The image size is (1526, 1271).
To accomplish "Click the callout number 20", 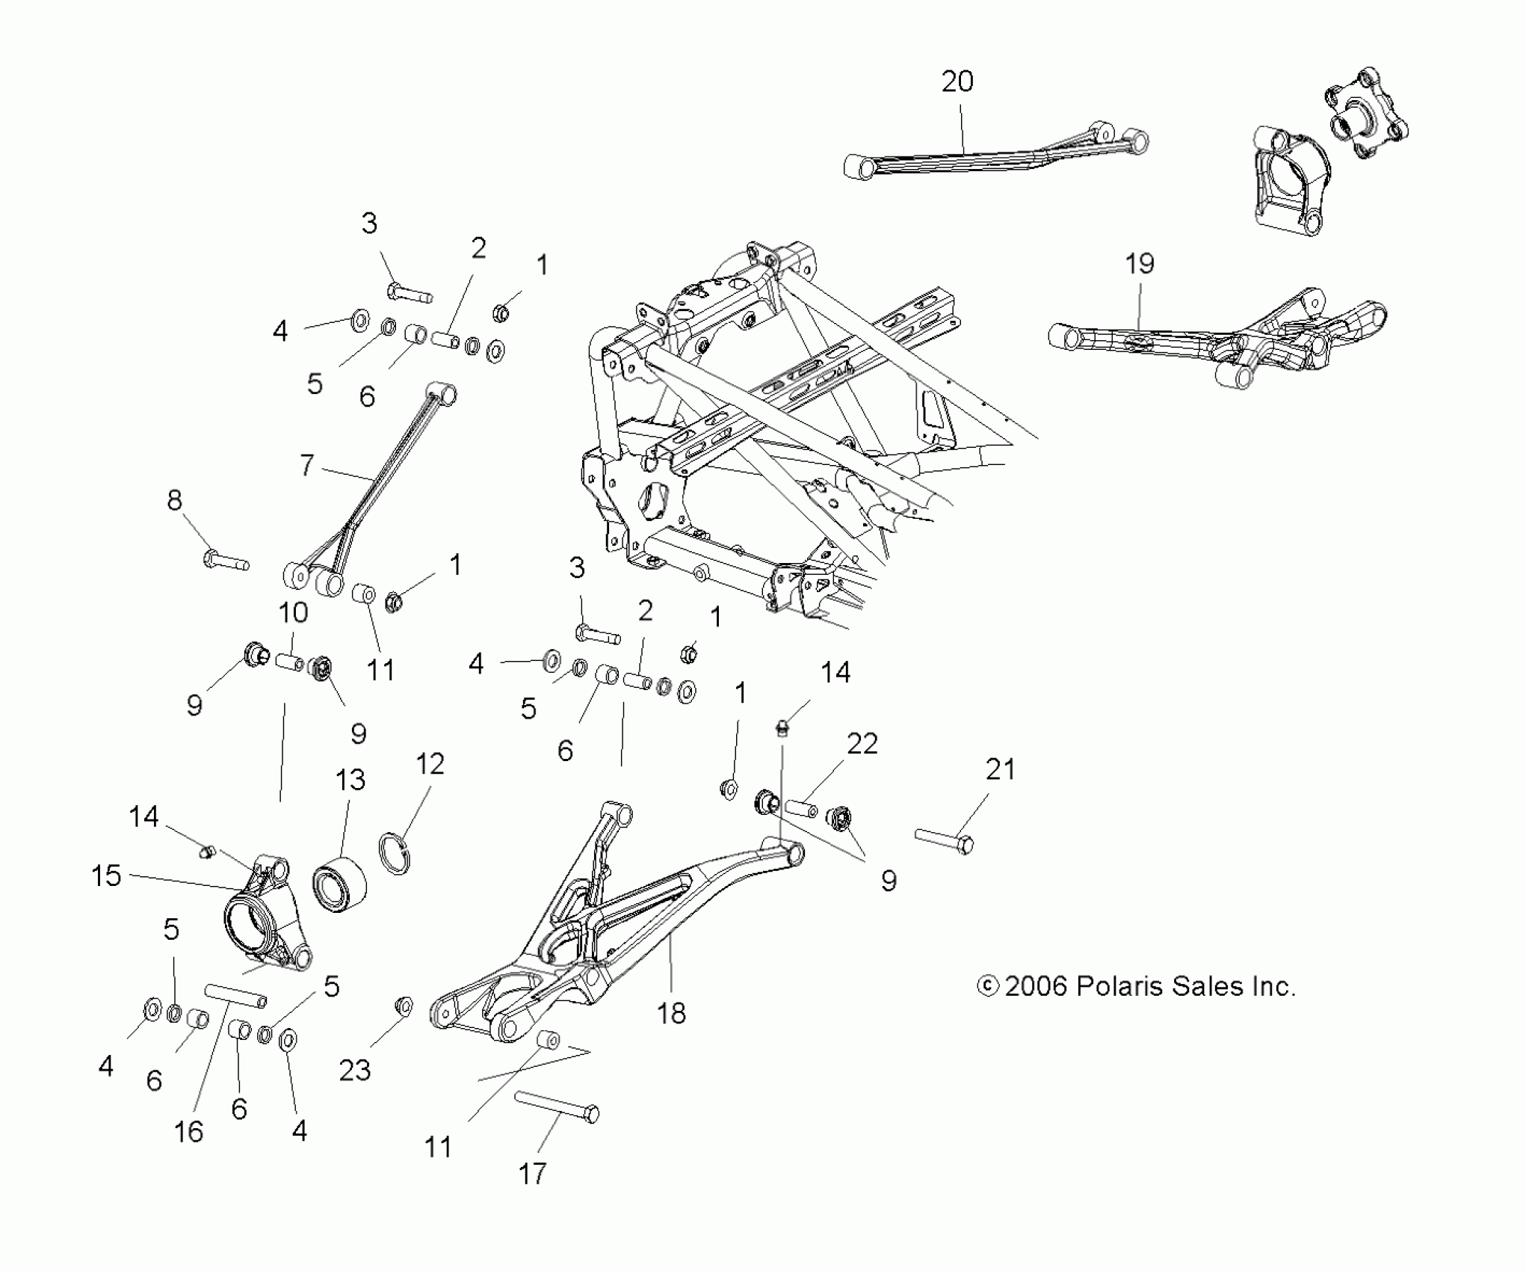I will coord(957,81).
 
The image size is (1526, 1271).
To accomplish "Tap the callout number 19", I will coord(1140,263).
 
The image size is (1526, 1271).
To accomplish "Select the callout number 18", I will coord(671,1014).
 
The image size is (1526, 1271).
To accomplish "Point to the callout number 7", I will coord(306,465).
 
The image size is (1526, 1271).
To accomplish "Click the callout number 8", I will coord(174,500).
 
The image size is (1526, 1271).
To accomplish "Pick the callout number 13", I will coord(350,780).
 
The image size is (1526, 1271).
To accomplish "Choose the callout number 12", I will coord(430,763).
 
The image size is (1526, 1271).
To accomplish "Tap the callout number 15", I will coord(106,875).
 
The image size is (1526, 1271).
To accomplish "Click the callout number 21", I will coord(1001,769).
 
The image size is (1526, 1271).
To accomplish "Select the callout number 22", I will coord(862,743).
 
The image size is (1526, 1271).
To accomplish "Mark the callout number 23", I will coord(355,1070).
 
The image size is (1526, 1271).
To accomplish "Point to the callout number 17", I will coord(532,1173).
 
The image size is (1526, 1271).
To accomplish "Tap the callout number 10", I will coord(293,612).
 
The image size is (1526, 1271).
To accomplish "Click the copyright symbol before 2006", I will coord(988,986).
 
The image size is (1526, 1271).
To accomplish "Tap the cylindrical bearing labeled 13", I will coord(341,885).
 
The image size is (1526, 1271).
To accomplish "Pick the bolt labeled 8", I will coord(226,560).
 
